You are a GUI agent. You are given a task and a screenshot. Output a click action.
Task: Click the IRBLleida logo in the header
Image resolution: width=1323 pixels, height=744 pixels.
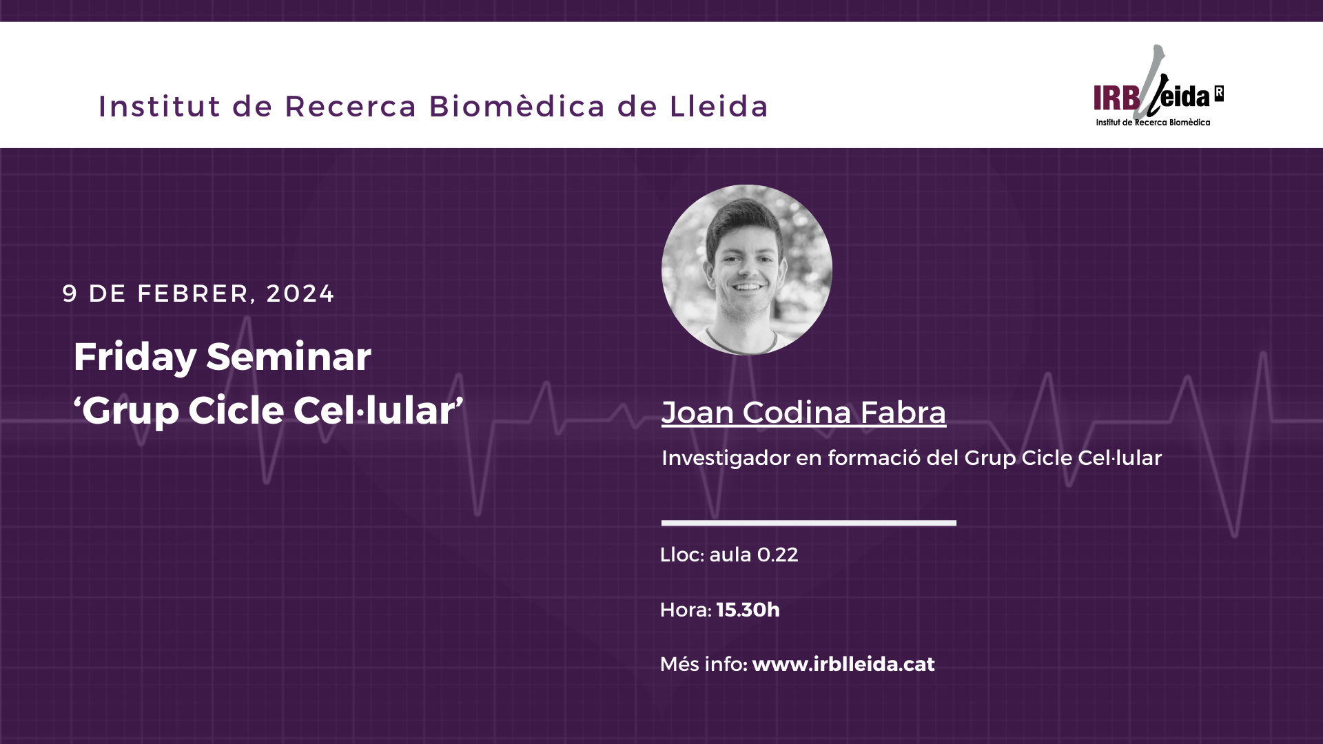click(1158, 86)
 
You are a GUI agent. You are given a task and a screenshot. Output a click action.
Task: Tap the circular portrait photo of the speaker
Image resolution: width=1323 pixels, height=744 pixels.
click(747, 270)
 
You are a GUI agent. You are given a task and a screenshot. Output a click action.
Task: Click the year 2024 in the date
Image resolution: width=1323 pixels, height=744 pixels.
click(300, 294)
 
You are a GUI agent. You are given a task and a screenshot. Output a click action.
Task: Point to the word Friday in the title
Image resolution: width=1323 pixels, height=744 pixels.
click(135, 358)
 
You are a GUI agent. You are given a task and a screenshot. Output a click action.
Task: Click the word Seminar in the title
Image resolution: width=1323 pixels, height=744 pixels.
click(289, 357)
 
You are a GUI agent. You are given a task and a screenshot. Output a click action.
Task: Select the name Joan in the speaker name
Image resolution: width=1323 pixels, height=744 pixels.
click(697, 413)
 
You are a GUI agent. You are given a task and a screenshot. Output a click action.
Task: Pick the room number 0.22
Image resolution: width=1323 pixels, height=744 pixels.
click(777, 555)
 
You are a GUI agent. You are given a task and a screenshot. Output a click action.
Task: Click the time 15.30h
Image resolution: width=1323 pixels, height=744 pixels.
click(748, 610)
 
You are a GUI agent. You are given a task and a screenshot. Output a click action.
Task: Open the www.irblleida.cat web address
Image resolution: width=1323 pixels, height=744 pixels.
click(843, 664)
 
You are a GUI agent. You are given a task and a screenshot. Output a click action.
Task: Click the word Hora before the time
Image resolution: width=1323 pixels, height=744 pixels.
click(684, 610)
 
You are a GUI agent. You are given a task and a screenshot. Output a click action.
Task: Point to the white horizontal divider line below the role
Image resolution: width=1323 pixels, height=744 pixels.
click(809, 523)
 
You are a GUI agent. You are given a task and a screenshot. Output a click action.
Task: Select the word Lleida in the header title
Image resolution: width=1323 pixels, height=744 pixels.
click(719, 107)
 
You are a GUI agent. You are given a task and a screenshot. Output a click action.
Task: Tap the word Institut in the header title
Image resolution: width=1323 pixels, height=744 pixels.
click(160, 107)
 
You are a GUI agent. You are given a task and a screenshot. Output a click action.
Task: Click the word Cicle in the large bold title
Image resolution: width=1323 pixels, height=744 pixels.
click(236, 411)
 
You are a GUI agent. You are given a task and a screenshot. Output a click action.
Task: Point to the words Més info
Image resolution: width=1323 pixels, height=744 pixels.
click(702, 664)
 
